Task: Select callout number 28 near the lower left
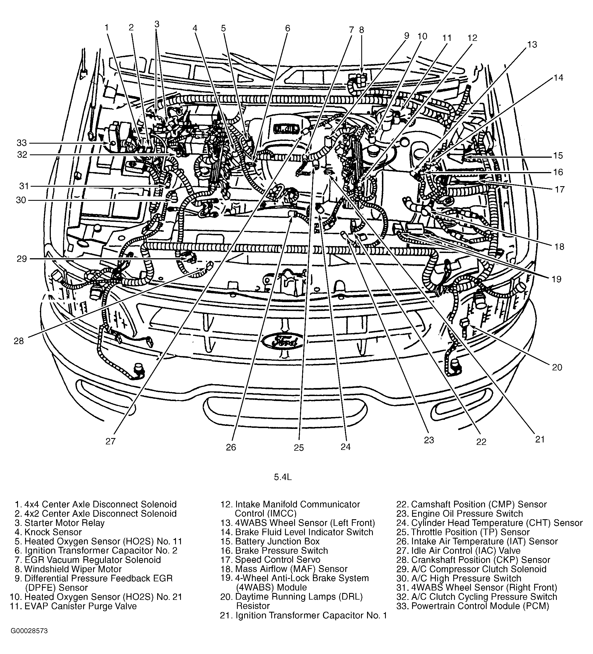19,341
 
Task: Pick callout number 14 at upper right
558,78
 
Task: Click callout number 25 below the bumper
299,448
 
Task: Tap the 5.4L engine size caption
283,477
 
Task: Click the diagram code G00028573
29,640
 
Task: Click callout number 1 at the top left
106,28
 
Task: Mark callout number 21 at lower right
539,439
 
